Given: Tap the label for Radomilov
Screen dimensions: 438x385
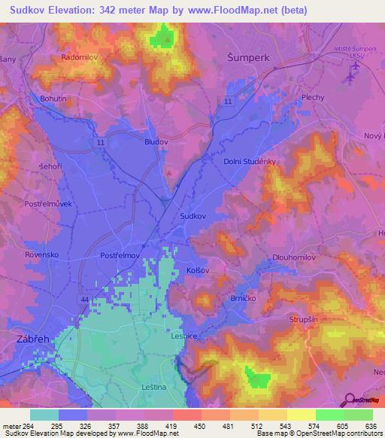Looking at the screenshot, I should point(80,56).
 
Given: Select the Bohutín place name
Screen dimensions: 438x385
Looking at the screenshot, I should point(53,99).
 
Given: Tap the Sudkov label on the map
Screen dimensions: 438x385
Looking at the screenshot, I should point(193,215).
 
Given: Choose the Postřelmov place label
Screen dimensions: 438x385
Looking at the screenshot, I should point(121,256).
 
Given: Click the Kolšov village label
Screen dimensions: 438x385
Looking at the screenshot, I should point(199,269).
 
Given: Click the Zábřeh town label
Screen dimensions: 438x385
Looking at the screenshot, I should point(32,339).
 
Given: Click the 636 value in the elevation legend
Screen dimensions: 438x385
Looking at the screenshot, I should point(373,426).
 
